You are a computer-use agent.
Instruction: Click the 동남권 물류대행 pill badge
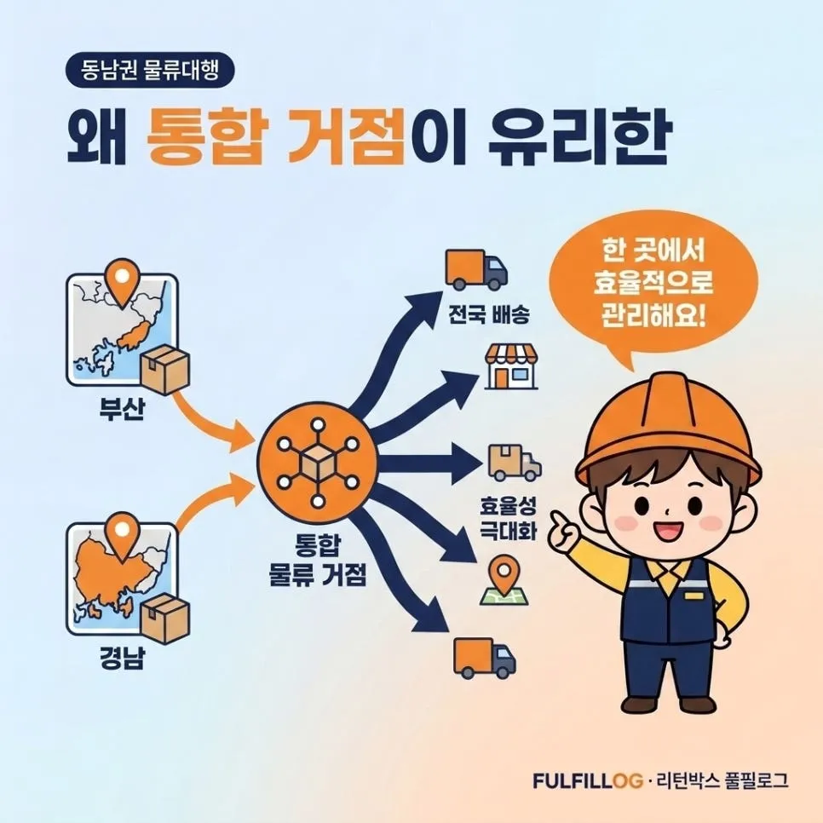150,70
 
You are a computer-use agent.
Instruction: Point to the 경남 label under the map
121,657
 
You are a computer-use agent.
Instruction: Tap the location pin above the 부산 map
122,281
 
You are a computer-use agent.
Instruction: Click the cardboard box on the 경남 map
164,619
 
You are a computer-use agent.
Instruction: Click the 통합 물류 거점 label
317,559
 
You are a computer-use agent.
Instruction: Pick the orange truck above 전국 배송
476,269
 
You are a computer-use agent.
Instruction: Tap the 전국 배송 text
489,314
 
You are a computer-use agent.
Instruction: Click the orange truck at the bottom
484,658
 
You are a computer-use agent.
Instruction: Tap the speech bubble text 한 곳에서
653,250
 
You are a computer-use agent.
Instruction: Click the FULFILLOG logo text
588,780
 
